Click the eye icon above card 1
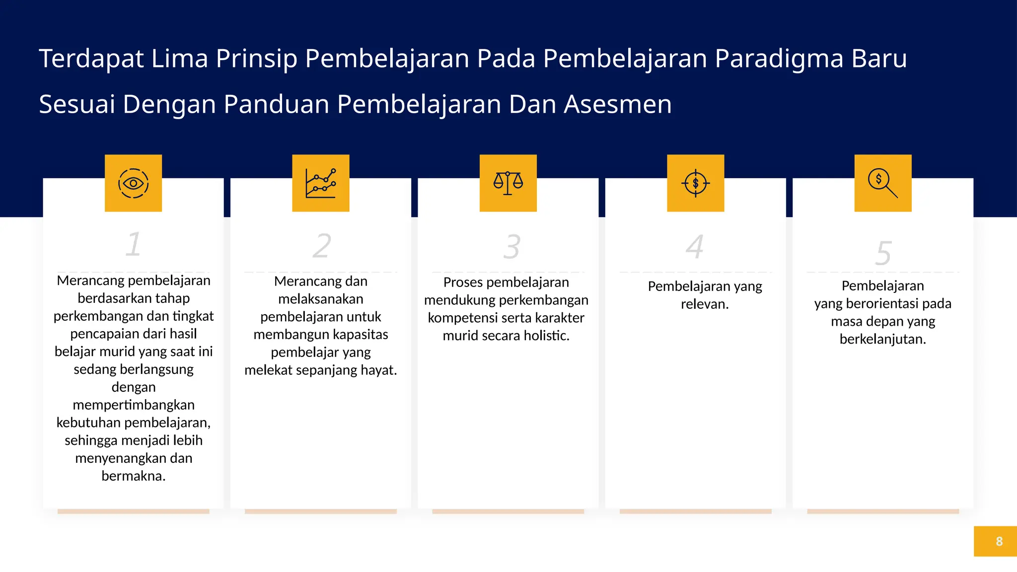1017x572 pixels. point(133,183)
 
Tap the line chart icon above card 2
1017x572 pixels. point(321,183)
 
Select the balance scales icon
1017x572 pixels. point(508,183)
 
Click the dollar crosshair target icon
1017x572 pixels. point(695,183)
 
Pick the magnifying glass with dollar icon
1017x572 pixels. point(882,183)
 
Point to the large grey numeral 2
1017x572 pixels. point(322,246)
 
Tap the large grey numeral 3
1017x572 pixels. point(511,247)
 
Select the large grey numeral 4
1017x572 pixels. point(695,246)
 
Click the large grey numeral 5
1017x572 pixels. point(883,253)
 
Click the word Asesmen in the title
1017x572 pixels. point(617,105)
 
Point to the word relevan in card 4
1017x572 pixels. point(704,304)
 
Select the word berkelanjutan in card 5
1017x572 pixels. point(882,339)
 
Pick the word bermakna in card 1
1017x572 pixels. point(133,476)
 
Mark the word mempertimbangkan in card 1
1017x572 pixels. point(134,405)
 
